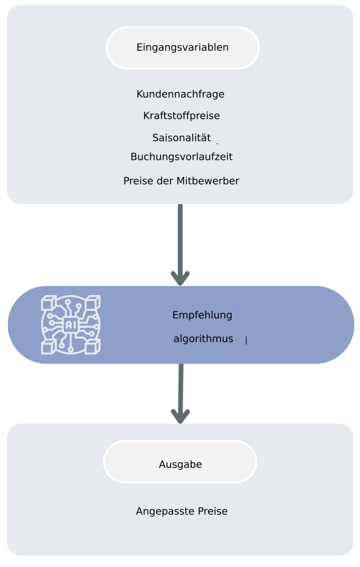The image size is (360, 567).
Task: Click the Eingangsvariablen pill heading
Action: point(183,47)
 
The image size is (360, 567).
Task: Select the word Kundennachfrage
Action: point(181,94)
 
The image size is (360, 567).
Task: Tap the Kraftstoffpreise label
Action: point(182,116)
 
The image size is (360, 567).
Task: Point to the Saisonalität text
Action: point(182,138)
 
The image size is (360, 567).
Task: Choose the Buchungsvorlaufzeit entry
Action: point(182,157)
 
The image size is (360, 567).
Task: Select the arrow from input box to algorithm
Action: point(181,237)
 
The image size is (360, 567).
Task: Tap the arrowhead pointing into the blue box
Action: point(181,278)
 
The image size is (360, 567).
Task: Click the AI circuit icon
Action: point(71,325)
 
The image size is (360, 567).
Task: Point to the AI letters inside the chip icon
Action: point(71,325)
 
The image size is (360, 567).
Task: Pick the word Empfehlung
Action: point(202,316)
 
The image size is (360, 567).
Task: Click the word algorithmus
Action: point(203,339)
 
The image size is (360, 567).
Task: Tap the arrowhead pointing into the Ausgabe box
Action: point(181,416)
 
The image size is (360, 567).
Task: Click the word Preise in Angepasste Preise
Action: point(213,511)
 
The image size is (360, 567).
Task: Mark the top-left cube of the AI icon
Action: point(48,303)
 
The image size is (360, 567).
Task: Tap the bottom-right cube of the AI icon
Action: point(93,346)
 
